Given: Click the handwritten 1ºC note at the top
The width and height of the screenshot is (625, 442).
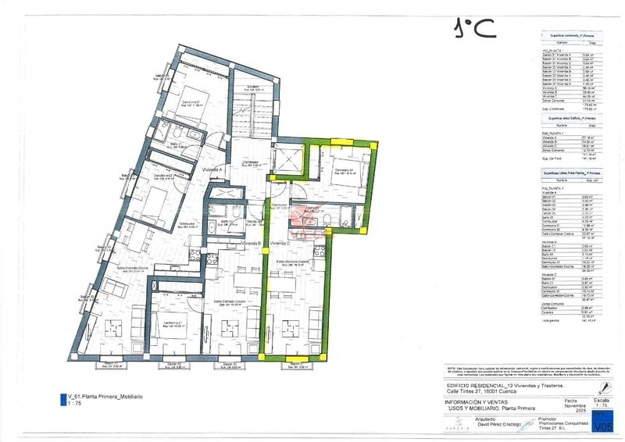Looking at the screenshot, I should (474, 28).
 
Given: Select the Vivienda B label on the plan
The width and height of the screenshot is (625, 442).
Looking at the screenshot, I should (250, 244).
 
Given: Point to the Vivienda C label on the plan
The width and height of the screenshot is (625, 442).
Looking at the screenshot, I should (280, 244).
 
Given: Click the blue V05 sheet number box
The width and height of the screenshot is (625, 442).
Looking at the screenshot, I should (602, 425).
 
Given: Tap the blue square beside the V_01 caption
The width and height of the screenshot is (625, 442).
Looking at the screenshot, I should (62, 399).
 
